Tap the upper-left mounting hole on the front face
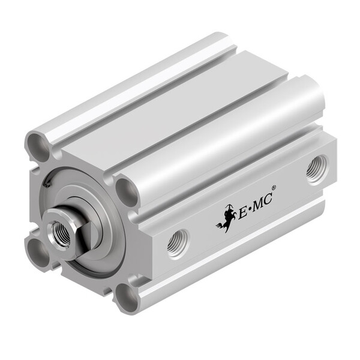click(37, 145)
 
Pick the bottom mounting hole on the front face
click(127, 296)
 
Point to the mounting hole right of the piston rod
click(127, 191)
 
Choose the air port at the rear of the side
click(316, 169)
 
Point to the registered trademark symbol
click(274, 188)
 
